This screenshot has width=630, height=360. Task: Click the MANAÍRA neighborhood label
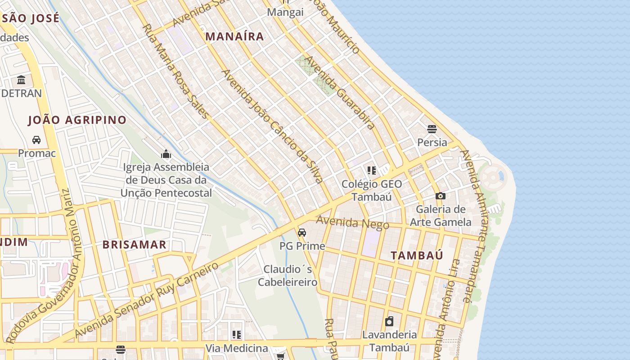(234, 36)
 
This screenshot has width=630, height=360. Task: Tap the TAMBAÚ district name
(417, 255)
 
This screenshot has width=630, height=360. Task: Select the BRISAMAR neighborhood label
(134, 245)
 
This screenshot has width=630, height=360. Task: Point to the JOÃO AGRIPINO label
(77, 120)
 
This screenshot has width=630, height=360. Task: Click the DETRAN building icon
(21, 81)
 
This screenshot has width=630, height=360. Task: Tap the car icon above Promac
(36, 140)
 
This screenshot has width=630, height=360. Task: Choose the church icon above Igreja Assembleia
(166, 154)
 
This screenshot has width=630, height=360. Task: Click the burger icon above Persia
(432, 130)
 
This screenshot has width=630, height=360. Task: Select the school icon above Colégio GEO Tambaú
(372, 171)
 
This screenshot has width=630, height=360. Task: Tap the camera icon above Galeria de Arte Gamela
(441, 196)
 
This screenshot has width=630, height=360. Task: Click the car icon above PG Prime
(302, 233)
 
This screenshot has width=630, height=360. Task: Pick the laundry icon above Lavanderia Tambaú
(389, 321)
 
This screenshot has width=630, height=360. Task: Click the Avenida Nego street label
(352, 222)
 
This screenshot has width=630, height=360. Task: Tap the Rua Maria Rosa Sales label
(175, 71)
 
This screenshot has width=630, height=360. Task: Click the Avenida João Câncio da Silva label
(272, 126)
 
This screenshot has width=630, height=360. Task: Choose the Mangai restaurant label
(285, 12)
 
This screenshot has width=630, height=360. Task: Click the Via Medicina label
(237, 348)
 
